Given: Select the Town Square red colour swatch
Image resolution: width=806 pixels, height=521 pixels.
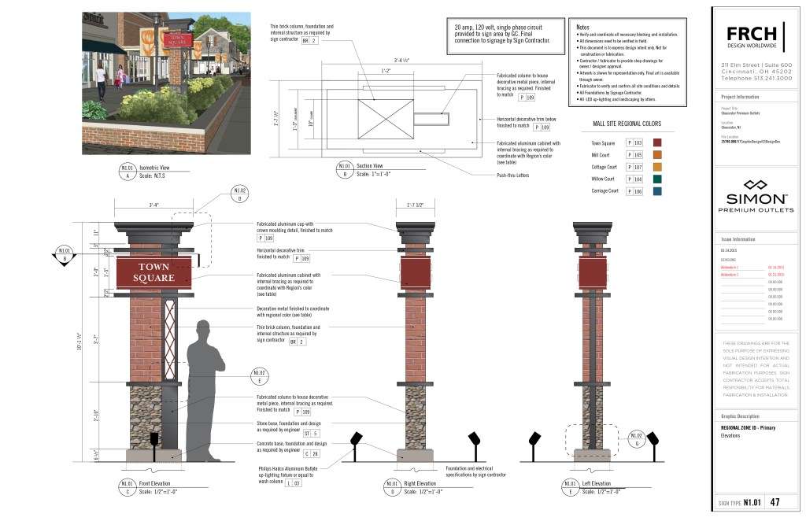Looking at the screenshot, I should (658, 142).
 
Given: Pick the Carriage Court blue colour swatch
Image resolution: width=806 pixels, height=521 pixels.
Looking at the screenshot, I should (658, 191).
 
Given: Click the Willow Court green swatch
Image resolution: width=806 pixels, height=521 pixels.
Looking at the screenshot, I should (658, 179).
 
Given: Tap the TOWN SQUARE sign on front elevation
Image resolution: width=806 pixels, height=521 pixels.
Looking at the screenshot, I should (154, 273).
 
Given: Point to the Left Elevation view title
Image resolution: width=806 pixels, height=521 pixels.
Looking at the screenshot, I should (591, 483).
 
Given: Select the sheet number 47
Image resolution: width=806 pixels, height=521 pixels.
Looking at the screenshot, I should (775, 501).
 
